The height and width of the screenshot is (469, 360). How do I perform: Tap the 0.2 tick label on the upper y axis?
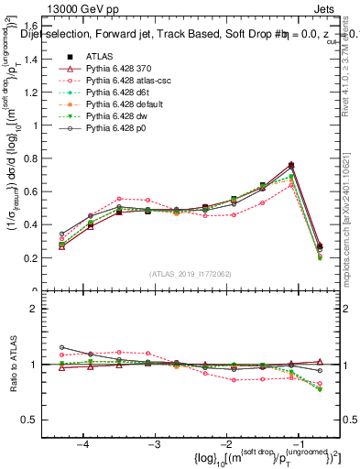click(x=37, y=258)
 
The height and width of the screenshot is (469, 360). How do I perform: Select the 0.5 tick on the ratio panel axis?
click(x=37, y=420)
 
